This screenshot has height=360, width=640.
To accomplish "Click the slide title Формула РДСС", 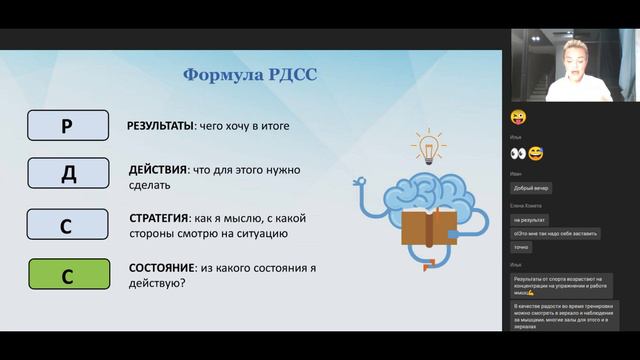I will (x=250, y=75).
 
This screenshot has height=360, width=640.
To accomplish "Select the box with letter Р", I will (x=67, y=126).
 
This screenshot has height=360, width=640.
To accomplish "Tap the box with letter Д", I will (x=67, y=173).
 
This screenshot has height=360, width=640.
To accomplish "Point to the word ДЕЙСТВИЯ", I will (x=156, y=170).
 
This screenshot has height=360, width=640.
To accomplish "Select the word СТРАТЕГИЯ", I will (x=160, y=217).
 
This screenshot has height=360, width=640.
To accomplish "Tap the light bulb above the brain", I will (x=427, y=147).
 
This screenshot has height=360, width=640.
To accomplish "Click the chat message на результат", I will (x=529, y=219).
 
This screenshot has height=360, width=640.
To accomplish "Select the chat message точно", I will (x=522, y=246).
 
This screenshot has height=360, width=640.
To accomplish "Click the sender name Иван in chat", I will (x=515, y=173).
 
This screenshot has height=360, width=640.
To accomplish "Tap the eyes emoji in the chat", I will (x=518, y=153).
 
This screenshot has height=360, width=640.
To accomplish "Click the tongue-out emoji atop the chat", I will (x=518, y=117).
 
